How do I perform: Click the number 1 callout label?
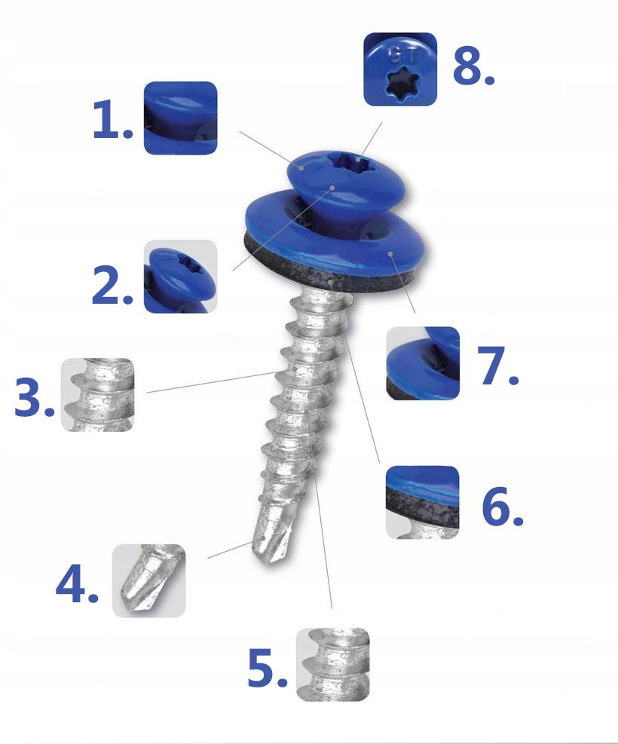pos(113,119)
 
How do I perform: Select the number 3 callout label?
pos(34,397)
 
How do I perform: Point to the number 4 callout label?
pos(77,583)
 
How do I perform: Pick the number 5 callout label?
pos(268,668)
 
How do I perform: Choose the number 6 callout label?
pos(502,507)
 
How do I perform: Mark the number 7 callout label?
pos(498,366)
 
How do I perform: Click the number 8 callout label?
pos(473,66)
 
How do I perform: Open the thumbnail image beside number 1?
pos(180,118)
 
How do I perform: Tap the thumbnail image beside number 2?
pos(180,276)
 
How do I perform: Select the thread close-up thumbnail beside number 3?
pos(98,395)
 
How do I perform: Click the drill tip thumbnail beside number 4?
pos(149,580)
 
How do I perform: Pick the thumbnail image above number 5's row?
pos(333,664)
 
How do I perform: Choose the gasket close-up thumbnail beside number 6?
pos(423,503)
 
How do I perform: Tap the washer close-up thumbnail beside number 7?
pos(423,363)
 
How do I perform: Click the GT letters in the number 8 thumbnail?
pos(404,56)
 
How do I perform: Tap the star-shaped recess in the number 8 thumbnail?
pos(400,84)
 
